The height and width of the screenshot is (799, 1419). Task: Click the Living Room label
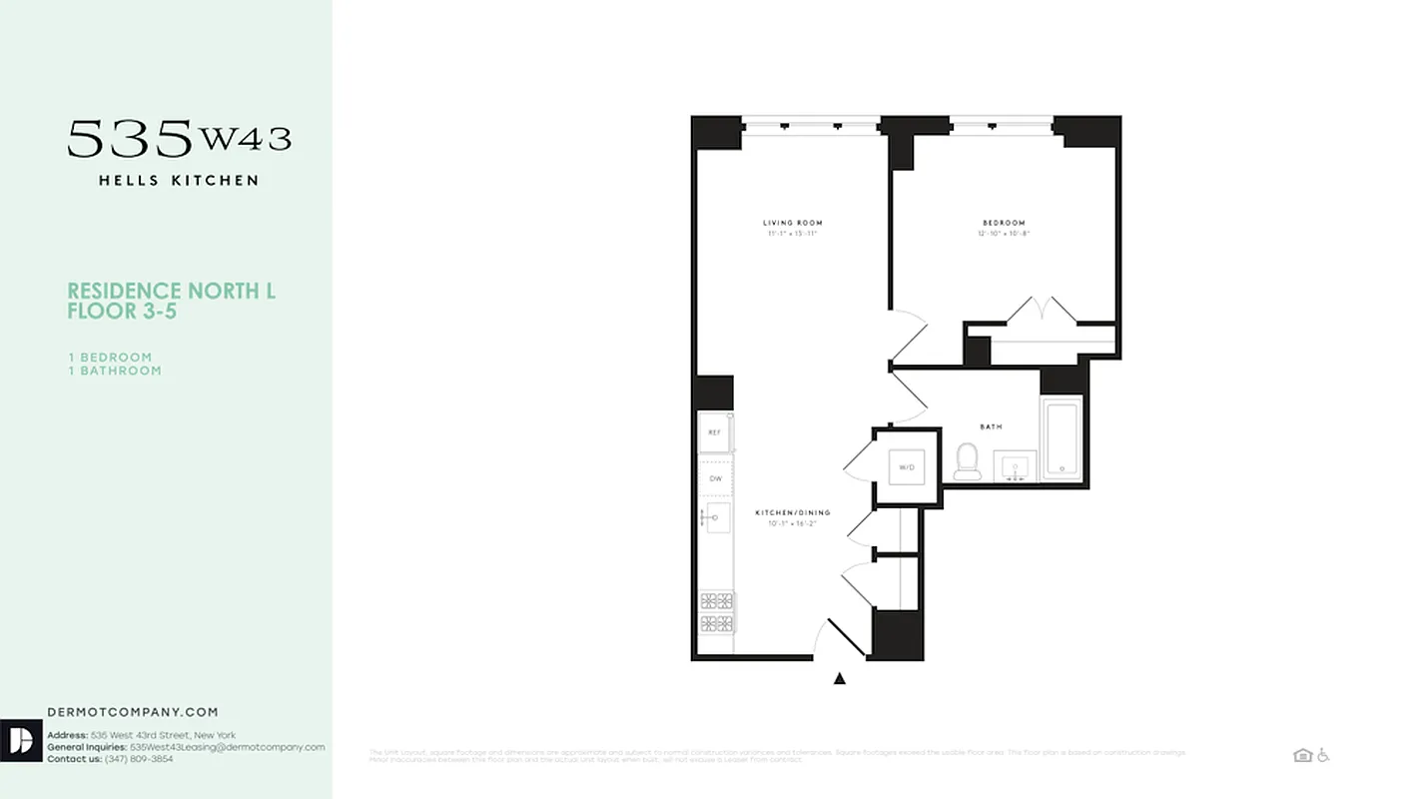pyautogui.click(x=793, y=223)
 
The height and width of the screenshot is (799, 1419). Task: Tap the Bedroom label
pyautogui.click(x=1004, y=223)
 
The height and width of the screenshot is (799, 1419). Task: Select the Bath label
pyautogui.click(x=991, y=426)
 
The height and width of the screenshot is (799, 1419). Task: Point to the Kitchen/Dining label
pyautogui.click(x=792, y=512)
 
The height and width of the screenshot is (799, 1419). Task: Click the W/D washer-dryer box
pyautogui.click(x=906, y=466)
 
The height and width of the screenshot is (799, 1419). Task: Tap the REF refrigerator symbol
pyautogui.click(x=715, y=432)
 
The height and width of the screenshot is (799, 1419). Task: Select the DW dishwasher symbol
pyautogui.click(x=715, y=479)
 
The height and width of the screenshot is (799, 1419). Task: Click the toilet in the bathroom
pyautogui.click(x=967, y=460)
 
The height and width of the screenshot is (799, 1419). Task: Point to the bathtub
pyautogui.click(x=1062, y=439)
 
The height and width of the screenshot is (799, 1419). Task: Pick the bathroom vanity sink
pyautogui.click(x=1015, y=466)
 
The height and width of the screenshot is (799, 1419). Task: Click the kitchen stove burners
pyautogui.click(x=716, y=611)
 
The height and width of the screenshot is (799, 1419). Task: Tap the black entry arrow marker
pyautogui.click(x=840, y=679)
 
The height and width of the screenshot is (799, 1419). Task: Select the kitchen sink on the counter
pyautogui.click(x=718, y=516)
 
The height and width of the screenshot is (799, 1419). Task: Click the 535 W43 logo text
pyautogui.click(x=180, y=138)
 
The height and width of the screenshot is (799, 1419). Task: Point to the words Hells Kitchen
pyautogui.click(x=179, y=181)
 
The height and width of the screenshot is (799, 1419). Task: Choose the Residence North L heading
pyautogui.click(x=171, y=291)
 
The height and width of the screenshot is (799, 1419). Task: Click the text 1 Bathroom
pyautogui.click(x=114, y=371)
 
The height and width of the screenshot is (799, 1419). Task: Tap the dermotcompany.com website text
pyautogui.click(x=133, y=712)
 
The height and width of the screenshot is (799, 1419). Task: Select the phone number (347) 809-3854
pyautogui.click(x=136, y=759)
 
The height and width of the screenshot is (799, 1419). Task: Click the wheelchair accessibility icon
pyautogui.click(x=1324, y=755)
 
